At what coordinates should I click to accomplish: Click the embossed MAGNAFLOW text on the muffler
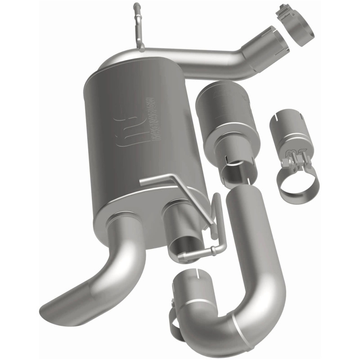point(149,120)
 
